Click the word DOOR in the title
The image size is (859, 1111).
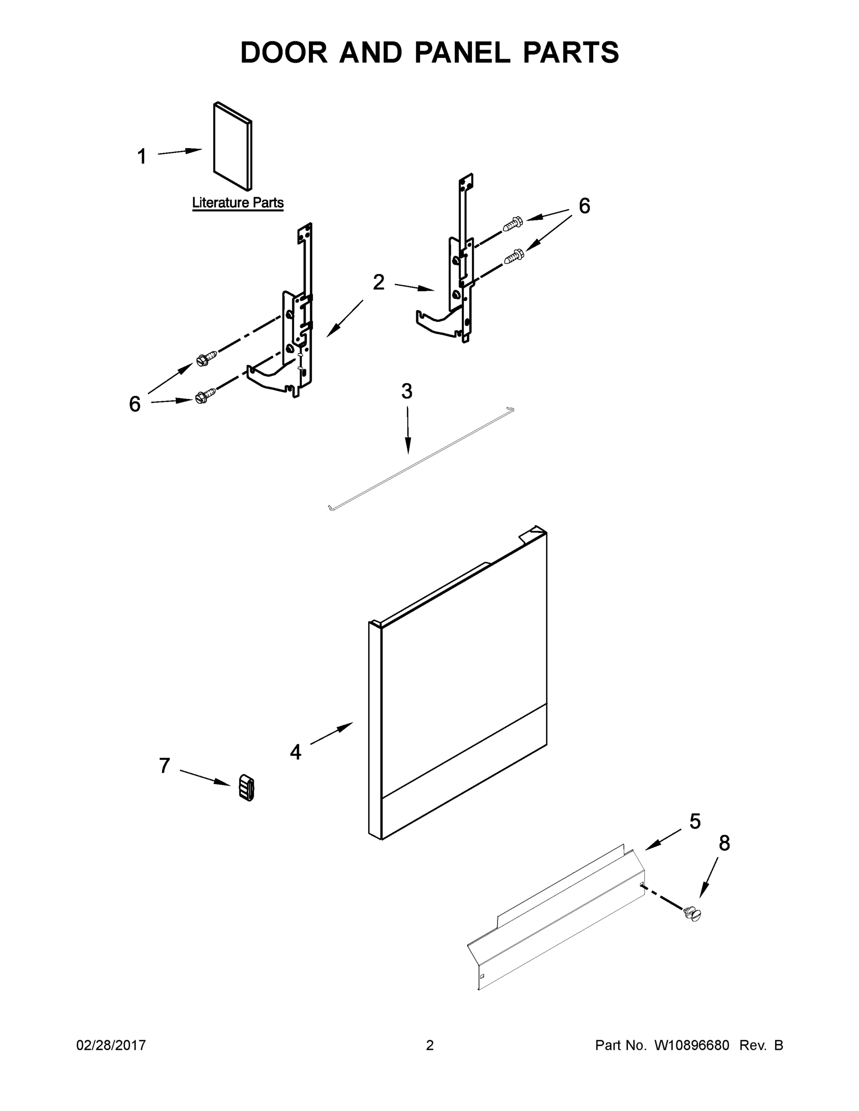(x=284, y=52)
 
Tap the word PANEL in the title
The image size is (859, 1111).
(x=462, y=52)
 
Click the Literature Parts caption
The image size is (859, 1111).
(x=238, y=202)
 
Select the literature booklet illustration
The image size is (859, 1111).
(x=232, y=146)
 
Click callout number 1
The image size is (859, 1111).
(x=142, y=156)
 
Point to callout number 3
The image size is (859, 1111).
(x=407, y=391)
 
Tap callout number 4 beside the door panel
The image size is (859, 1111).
(x=295, y=752)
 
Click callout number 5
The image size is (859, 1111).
(x=695, y=821)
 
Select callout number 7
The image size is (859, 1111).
(x=164, y=766)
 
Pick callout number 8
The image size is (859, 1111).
(x=724, y=843)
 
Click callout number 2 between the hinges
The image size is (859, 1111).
(x=378, y=282)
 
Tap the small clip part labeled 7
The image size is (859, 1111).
(x=247, y=788)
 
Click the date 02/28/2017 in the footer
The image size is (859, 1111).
(x=111, y=1045)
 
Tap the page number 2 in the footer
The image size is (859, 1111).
(x=430, y=1045)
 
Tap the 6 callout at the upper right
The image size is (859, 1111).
(x=584, y=206)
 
